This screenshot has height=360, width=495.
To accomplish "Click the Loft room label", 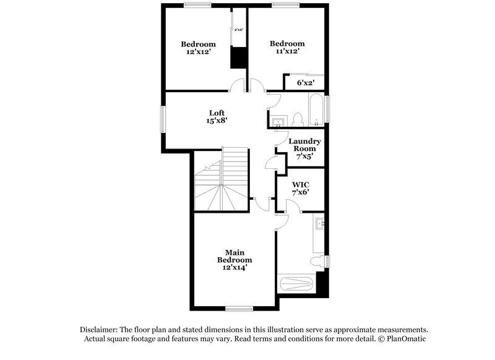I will click(x=216, y=113).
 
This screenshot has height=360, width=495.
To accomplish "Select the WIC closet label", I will click(x=301, y=185).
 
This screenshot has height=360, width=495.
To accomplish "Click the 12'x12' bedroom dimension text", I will click(x=198, y=53).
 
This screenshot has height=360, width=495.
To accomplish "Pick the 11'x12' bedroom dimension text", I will click(x=287, y=52).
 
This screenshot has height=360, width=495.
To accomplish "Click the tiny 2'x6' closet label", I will click(x=239, y=30).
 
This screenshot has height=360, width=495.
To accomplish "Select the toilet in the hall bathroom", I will click(x=297, y=118).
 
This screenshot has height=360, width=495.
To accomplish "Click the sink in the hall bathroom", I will click(x=277, y=120).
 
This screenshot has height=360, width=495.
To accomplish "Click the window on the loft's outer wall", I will click(x=164, y=119).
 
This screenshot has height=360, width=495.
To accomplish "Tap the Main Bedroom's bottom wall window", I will click(x=239, y=308).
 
